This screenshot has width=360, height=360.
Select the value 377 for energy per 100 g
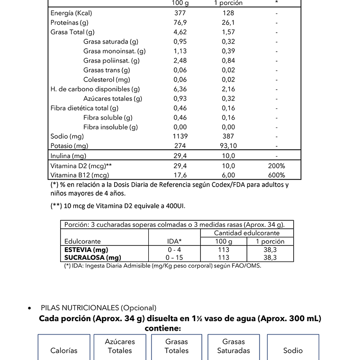coord(180,13)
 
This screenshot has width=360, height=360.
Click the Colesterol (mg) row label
coord(107,80)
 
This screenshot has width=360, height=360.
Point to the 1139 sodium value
coord(180,136)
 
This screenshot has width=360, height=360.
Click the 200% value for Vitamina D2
coord(276,166)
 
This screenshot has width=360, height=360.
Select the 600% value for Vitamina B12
coord(276,175)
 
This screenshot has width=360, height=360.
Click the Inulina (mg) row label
coord(68,155)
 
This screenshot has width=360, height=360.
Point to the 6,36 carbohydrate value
coord(180,89)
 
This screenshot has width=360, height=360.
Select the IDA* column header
coord(175,242)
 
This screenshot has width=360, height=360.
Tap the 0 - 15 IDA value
coord(175,258)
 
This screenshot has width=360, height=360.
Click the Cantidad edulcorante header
coord(247,233)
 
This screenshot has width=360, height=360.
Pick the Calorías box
coord(64,348)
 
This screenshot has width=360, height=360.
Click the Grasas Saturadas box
coord(234,346)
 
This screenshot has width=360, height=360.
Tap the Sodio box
coord(293,348)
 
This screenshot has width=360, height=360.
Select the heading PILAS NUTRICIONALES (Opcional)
coord(99,308)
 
